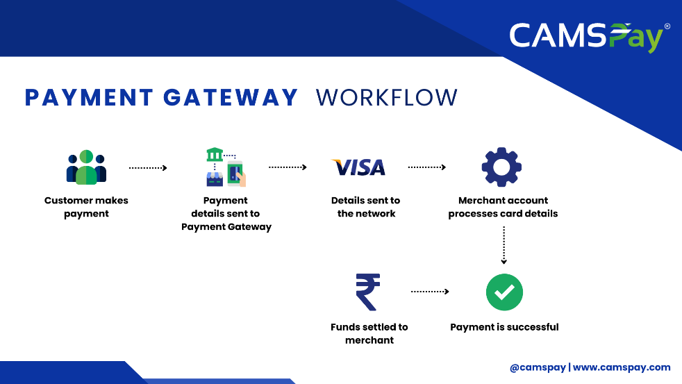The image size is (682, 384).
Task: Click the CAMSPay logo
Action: point(590,37)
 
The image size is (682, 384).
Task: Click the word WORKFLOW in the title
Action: point(387,97)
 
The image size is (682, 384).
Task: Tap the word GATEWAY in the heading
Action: point(231,97)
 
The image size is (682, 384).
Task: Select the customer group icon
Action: point(86,167)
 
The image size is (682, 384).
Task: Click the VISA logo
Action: point(358,167)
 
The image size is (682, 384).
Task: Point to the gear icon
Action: point(501,167)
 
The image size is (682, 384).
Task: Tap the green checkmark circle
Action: point(504,292)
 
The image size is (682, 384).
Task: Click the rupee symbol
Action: point(368,292)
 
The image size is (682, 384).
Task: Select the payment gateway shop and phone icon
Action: point(226,167)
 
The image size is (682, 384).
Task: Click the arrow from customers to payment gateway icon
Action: point(148,168)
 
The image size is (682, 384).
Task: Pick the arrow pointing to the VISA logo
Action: point(288,167)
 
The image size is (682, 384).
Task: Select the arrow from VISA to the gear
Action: point(426,167)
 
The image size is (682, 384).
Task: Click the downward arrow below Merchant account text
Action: point(504,245)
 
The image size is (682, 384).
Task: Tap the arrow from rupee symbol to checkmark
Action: point(430,292)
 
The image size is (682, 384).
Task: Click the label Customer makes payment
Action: point(86,207)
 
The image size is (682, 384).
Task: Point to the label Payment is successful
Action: point(504,327)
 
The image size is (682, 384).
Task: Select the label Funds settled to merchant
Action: point(369,333)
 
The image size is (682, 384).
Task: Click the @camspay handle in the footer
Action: point(538,367)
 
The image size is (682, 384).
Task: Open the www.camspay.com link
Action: point(622,367)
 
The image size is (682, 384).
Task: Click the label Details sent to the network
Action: point(366,207)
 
